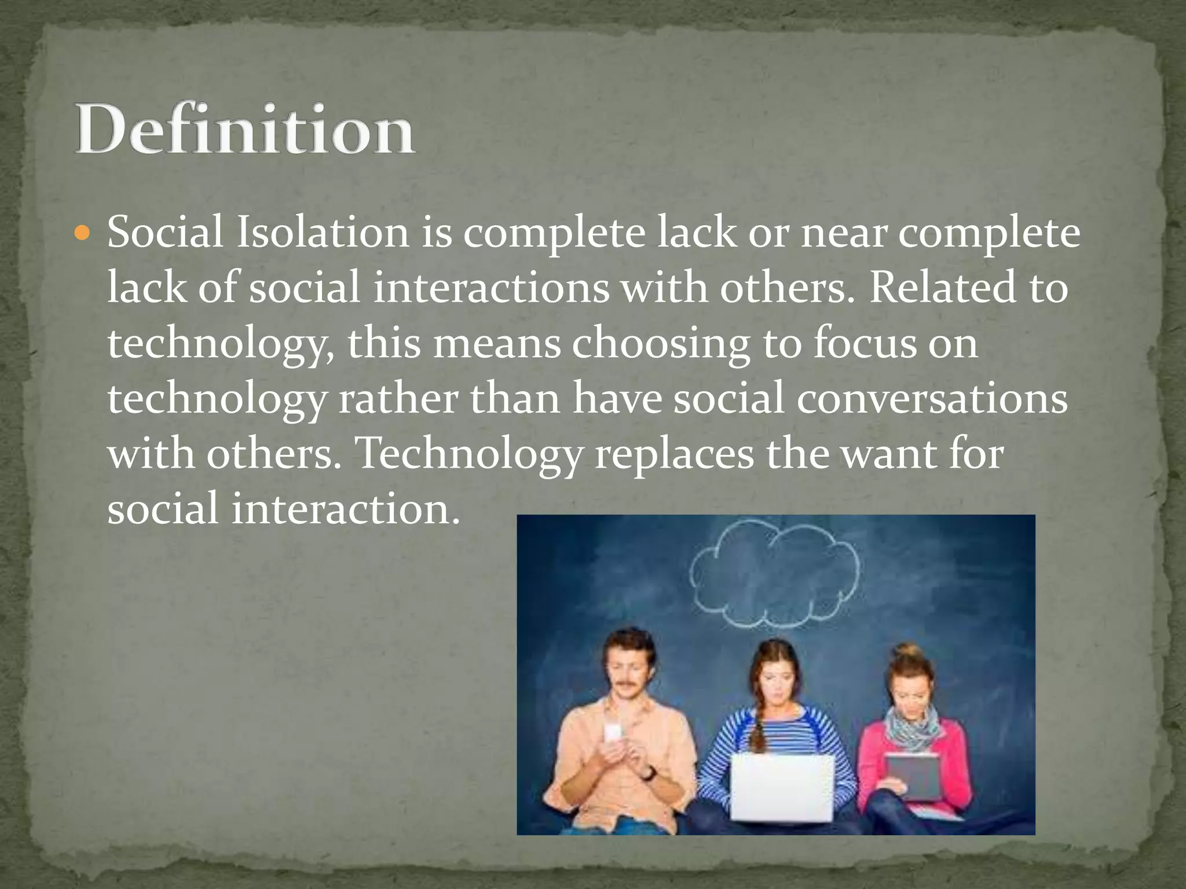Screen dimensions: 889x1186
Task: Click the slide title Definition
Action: coord(244,128)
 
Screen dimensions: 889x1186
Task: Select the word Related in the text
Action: coord(942,288)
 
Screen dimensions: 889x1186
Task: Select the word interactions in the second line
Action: coord(492,288)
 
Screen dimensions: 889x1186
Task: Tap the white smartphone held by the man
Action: coord(613,733)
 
